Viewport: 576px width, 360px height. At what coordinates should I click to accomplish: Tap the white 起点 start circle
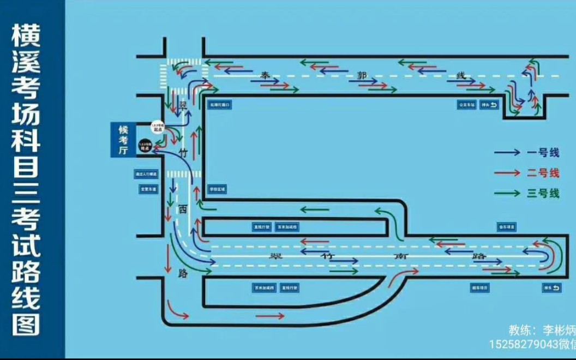pyautogui.click(x=157, y=127)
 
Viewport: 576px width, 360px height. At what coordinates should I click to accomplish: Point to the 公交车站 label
pyautogui.click(x=467, y=104)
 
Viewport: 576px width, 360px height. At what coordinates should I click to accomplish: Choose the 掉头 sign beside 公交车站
pyautogui.click(x=490, y=104)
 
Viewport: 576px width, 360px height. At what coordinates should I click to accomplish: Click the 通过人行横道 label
pyautogui.click(x=146, y=175)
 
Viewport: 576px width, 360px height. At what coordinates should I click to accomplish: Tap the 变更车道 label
pyautogui.click(x=146, y=189)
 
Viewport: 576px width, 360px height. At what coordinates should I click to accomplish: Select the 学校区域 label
pyautogui.click(x=217, y=189)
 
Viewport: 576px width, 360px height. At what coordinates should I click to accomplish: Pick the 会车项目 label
pyautogui.click(x=506, y=226)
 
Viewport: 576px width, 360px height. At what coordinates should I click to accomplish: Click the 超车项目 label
pyautogui.click(x=480, y=287)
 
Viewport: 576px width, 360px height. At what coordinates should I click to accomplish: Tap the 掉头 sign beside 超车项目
pyautogui.click(x=551, y=287)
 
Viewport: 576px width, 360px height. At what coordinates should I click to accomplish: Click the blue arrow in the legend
pyautogui.click(x=507, y=153)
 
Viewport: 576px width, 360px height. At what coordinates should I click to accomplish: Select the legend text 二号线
pyautogui.click(x=543, y=173)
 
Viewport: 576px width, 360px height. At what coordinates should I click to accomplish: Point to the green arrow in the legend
pyautogui.click(x=507, y=193)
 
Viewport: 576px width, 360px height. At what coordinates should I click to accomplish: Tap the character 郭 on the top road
pyautogui.click(x=362, y=75)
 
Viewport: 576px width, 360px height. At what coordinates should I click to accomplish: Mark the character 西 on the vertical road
pyautogui.click(x=183, y=208)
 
